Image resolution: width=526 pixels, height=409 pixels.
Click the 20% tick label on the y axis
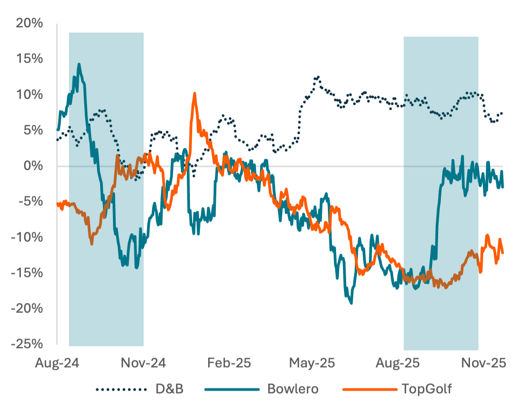(30, 24)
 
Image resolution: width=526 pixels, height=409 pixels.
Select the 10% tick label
(30, 95)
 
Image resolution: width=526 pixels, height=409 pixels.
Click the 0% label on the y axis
(34, 166)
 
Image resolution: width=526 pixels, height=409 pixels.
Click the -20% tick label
(28, 308)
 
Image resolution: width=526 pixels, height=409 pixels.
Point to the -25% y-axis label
(28, 344)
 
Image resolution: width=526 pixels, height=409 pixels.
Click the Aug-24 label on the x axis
(57, 363)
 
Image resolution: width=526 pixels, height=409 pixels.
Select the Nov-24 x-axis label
(143, 363)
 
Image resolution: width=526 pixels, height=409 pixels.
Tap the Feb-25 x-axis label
(229, 363)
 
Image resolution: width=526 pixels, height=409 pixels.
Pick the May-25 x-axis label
(312, 363)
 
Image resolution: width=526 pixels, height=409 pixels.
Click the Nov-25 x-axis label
(484, 363)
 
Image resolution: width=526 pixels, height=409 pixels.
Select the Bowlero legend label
(293, 389)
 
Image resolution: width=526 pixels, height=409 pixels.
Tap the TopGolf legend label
(427, 389)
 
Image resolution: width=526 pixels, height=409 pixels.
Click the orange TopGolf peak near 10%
(194, 94)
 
